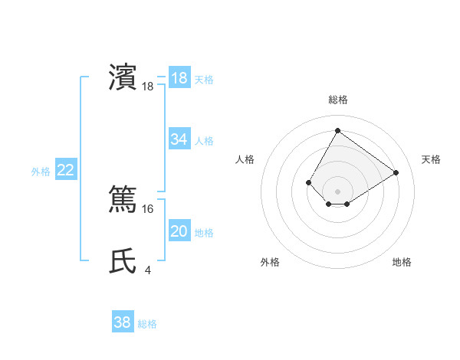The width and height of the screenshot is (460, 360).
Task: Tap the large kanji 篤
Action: click(123, 199)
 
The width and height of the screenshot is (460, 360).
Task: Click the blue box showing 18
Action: click(179, 78)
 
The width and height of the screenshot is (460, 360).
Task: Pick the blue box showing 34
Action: click(179, 139)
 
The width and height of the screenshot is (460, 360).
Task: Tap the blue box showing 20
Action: click(179, 231)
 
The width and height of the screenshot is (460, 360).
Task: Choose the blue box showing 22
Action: click(66, 171)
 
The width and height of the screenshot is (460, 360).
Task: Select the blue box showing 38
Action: click(123, 322)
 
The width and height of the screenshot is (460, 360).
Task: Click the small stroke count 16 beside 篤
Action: click(149, 209)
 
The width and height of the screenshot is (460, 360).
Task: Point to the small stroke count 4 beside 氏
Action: click(147, 270)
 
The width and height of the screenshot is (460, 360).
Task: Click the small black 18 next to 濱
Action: click(148, 87)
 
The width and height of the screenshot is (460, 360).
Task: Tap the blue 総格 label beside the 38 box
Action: click(147, 324)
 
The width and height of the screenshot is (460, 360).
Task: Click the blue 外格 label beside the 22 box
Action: click(41, 172)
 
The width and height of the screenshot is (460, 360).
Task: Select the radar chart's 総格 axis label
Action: click(337, 100)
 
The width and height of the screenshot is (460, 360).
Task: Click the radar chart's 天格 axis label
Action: click(431, 159)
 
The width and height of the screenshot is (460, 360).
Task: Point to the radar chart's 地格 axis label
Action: click(402, 262)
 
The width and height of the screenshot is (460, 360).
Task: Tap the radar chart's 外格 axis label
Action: click(270, 262)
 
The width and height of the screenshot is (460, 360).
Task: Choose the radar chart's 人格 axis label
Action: click(245, 159)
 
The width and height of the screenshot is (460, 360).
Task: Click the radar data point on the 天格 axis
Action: click(396, 172)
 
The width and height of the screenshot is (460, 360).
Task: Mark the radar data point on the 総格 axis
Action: click(337, 130)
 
